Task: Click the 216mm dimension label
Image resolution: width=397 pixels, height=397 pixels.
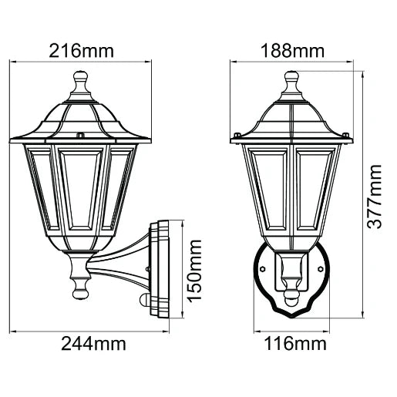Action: point(81,52)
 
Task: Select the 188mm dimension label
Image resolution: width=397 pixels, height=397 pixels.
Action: point(291,52)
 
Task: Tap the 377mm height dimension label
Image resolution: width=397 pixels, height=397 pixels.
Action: point(375,196)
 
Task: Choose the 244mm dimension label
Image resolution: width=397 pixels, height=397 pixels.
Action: point(93,343)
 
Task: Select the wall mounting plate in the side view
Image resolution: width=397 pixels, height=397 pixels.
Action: point(160,270)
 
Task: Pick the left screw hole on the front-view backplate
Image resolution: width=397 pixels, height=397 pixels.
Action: point(263,270)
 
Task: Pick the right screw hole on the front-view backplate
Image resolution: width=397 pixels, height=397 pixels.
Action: point(319,270)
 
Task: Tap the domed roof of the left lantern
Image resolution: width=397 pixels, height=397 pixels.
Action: point(81,119)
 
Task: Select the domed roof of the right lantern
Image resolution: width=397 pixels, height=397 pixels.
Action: point(291,119)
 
